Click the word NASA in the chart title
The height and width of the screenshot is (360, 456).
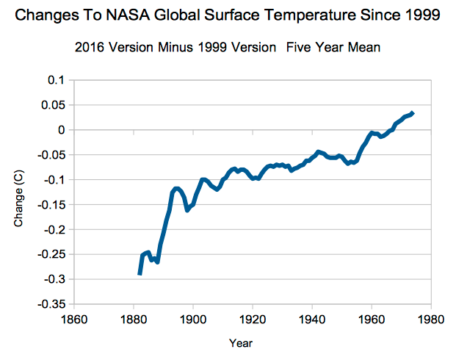pos(128,15)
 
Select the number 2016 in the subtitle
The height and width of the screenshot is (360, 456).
pos(90,47)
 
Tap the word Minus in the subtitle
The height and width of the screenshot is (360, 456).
pos(175,47)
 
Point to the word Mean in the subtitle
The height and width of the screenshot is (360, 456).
pos(364,47)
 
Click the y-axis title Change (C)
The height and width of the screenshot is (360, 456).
pos(18,198)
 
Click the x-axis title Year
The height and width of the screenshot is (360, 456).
pos(241,343)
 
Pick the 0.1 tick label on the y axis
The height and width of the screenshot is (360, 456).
pos(56,80)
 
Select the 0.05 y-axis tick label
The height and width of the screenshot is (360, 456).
pos(53,105)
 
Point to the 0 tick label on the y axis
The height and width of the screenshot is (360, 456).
pos(62,130)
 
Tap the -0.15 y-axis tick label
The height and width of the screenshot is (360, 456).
pos(51,205)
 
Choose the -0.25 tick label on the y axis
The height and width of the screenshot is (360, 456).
pos(51,255)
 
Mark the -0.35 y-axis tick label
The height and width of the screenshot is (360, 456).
pos(51,304)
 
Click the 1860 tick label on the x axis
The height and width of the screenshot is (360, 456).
pos(74,320)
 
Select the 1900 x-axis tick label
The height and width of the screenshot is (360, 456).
pos(193,320)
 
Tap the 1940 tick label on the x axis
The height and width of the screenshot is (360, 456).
pos(312,320)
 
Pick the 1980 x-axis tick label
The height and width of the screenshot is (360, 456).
pos(431,320)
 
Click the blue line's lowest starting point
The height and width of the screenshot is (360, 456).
pos(140,274)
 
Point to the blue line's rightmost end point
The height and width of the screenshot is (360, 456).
pos(413,113)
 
